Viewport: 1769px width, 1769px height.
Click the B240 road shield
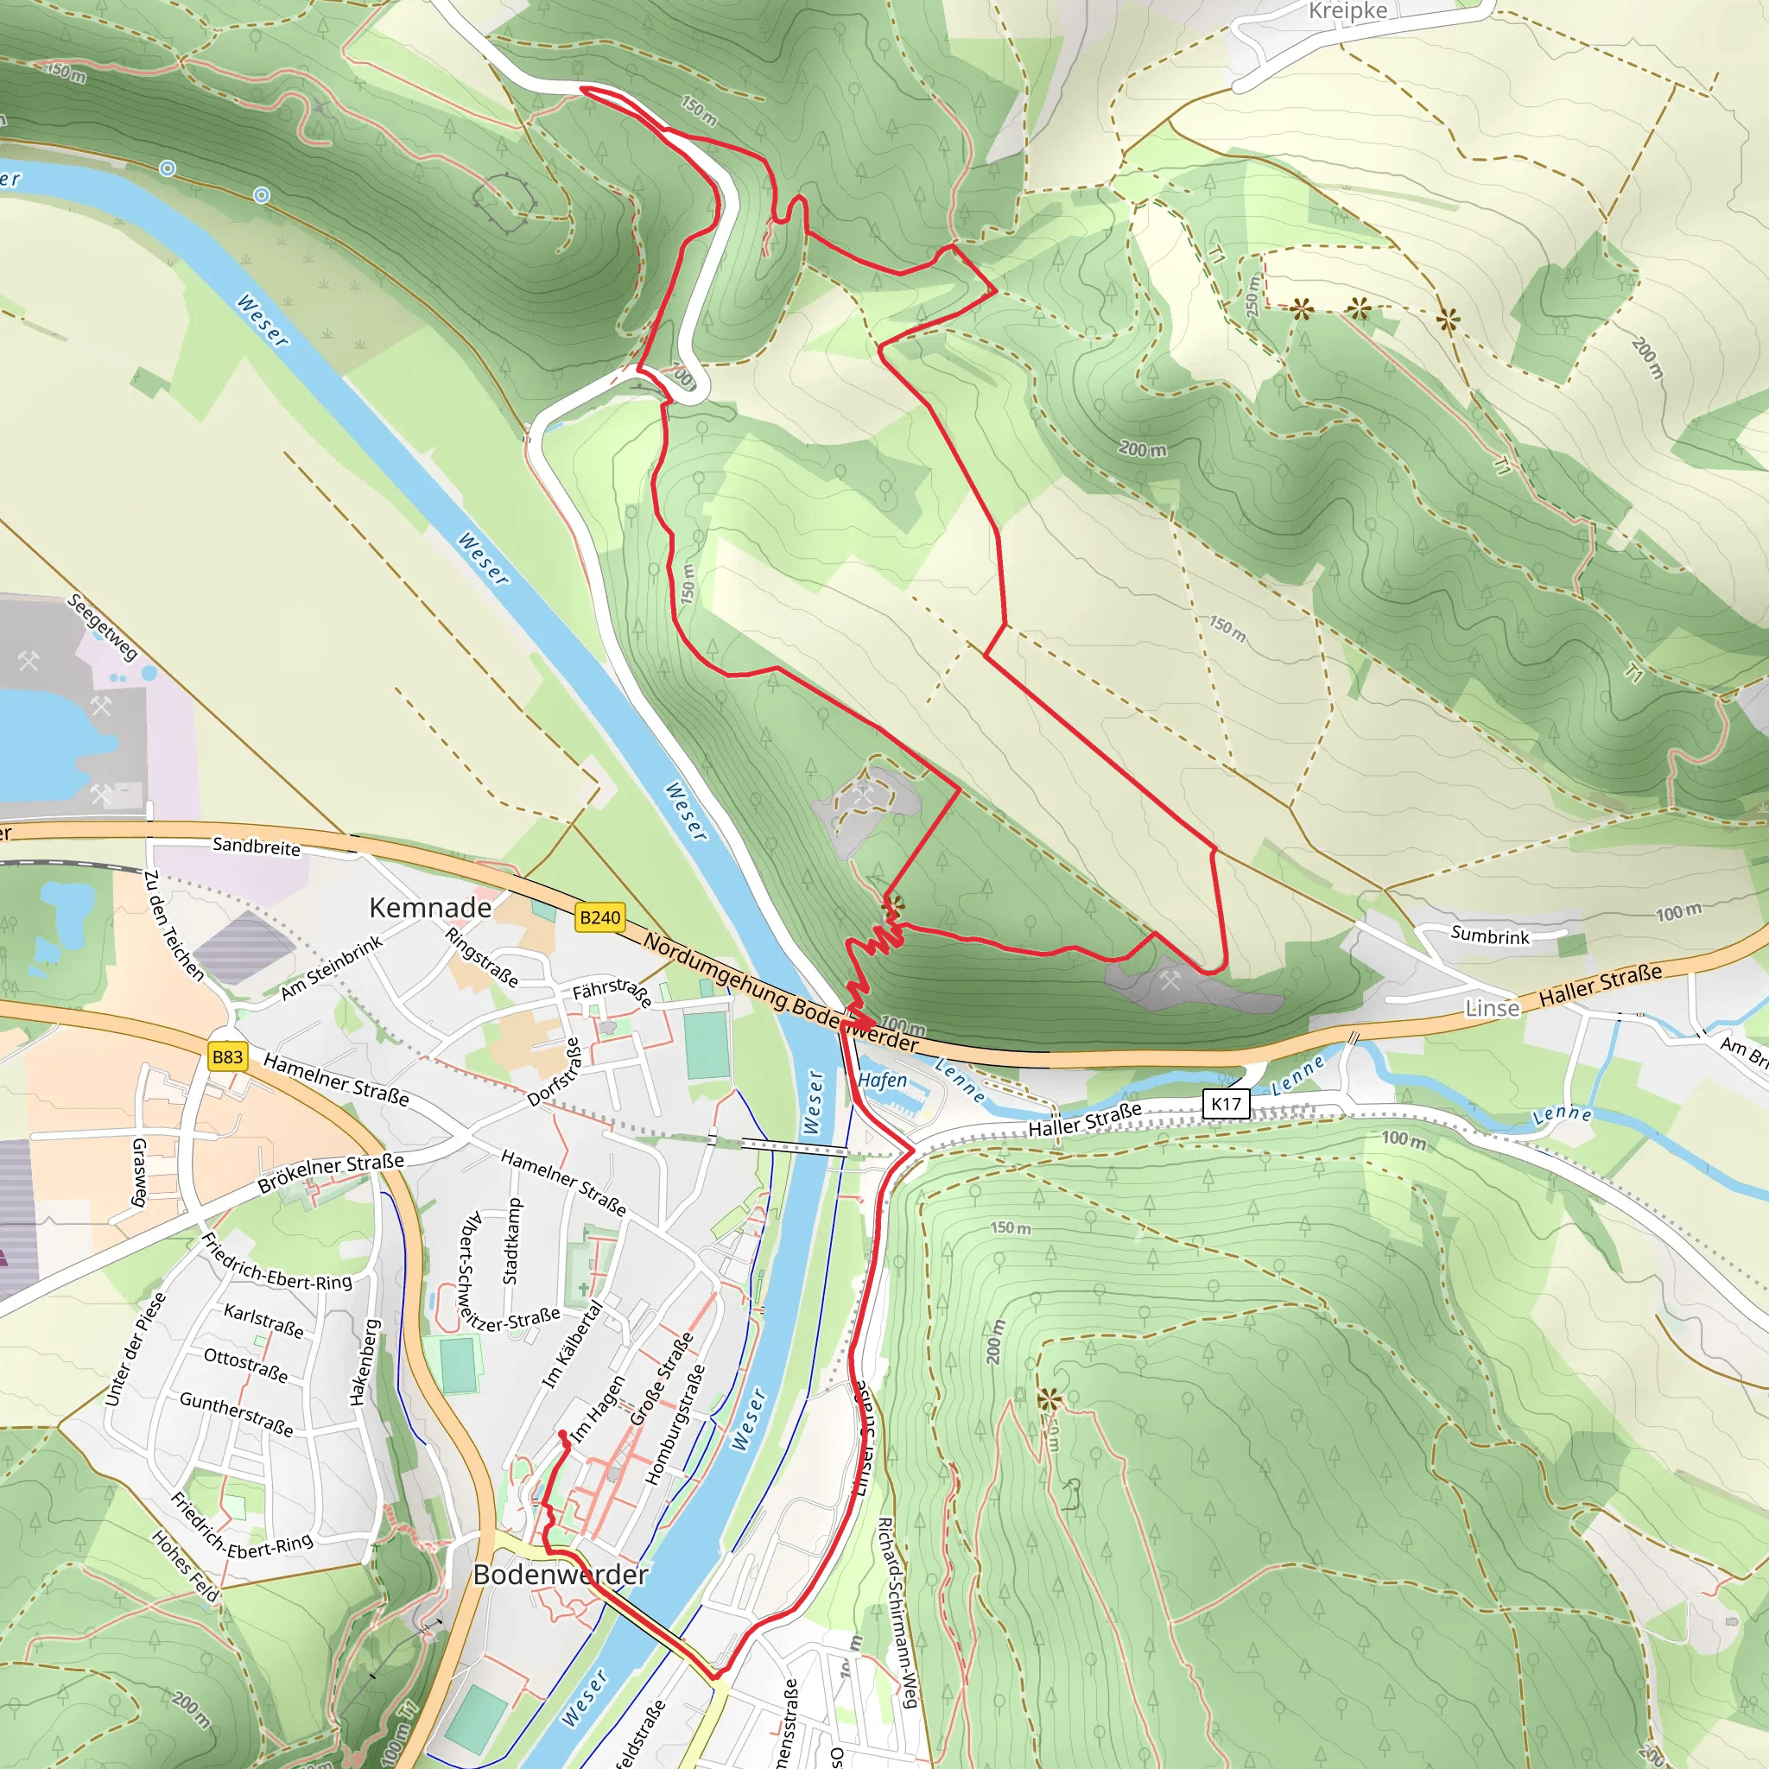point(599,917)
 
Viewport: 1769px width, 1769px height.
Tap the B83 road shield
point(227,1057)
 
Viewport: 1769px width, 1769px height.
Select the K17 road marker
point(1225,1103)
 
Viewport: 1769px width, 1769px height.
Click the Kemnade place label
point(430,908)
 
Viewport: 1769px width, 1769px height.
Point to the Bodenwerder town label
point(561,1575)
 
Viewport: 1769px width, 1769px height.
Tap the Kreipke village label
point(1347,11)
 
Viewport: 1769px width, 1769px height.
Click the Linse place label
point(1492,1009)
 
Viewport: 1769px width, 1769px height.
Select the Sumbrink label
point(1490,935)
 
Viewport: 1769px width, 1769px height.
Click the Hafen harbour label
point(883,1081)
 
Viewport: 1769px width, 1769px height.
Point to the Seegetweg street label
point(103,627)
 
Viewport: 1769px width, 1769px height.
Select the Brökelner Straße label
point(331,1172)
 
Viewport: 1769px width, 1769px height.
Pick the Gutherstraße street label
point(236,1414)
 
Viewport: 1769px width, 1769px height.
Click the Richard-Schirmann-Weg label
point(898,1613)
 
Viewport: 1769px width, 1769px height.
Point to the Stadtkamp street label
point(512,1241)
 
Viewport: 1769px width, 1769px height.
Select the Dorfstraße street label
point(555,1072)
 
